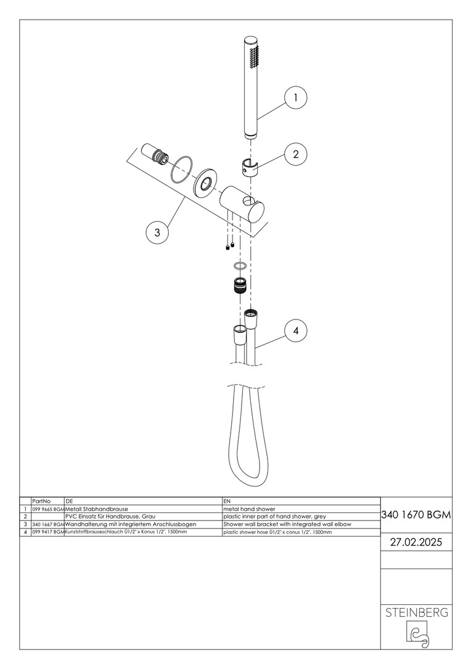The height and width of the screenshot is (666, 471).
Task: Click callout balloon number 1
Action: [295, 97]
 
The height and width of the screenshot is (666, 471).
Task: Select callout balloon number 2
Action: [295, 154]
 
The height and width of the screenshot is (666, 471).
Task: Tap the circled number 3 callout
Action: [157, 232]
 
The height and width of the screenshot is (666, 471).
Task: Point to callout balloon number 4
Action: [295, 331]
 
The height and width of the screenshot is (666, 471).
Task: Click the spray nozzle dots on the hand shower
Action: [255, 57]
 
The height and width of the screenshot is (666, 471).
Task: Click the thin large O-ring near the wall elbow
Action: [182, 170]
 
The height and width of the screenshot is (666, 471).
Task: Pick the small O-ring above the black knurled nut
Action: [240, 266]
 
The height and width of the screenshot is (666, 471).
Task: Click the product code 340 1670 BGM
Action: [416, 515]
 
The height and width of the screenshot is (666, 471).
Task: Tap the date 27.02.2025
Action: [416, 543]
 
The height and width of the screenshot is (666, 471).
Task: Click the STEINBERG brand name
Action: [416, 612]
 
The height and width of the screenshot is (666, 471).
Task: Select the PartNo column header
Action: [41, 501]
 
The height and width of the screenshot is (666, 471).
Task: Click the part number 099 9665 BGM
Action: [48, 509]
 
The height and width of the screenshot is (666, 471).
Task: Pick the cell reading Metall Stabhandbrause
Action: [96, 509]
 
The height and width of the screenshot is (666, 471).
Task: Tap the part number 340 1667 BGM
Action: [48, 525]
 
